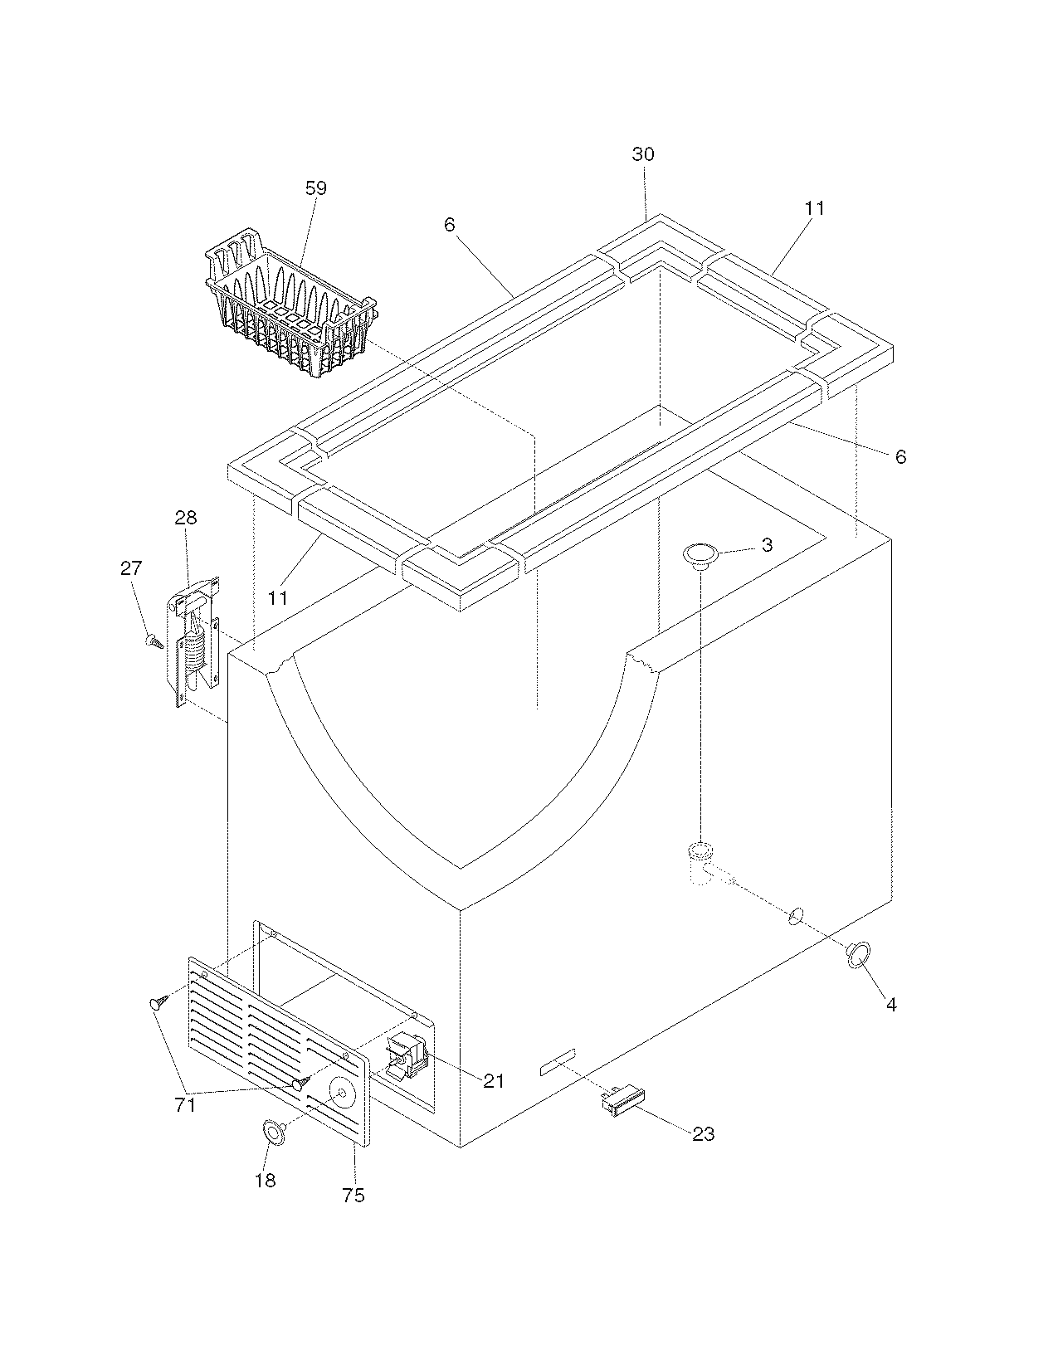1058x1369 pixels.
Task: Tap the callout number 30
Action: point(643,154)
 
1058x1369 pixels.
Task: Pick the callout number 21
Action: point(494,1080)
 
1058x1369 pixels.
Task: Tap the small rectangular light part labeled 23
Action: point(622,1101)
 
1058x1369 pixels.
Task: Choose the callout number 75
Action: point(353,1196)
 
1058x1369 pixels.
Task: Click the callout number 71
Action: point(184,1105)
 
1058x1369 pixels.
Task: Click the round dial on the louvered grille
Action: point(341,1094)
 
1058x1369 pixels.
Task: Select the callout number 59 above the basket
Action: point(316,188)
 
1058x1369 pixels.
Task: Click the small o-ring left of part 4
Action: point(795,915)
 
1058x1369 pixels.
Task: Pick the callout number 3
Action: point(767,545)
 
